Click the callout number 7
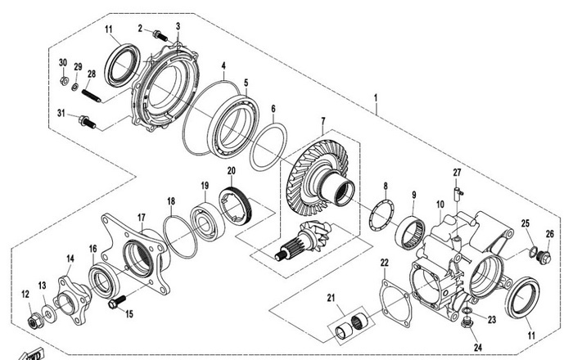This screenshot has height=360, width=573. [x=323, y=120]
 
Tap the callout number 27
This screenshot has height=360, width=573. [x=458, y=172]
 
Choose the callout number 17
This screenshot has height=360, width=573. [x=142, y=218]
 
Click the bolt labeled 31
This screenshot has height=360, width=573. [x=86, y=122]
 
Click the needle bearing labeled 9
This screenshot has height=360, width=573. [x=412, y=232]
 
